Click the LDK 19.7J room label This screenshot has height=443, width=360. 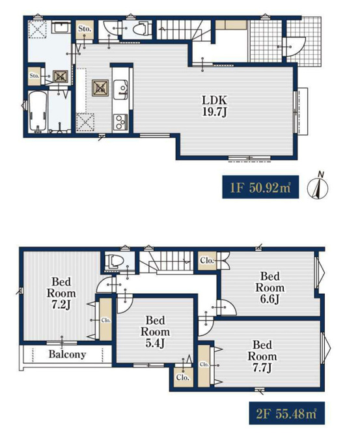point(215,106)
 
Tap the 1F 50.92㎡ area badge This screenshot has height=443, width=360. point(260,187)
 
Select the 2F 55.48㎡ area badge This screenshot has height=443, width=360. point(286,413)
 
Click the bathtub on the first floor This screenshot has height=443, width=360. point(37,111)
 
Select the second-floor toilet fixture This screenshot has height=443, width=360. point(115,261)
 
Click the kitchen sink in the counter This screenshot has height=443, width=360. point(120,90)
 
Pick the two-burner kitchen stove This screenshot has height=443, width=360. point(120,122)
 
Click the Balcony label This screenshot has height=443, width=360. point(67,354)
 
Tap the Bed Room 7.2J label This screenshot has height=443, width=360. point(61,293)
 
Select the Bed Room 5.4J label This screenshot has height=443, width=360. point(156,332)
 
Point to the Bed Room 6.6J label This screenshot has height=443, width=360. point(270,287)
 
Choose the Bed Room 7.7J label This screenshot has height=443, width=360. point(262,356)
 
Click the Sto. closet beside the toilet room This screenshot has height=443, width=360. point(85,29)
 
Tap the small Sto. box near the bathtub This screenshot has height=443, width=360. point(35,76)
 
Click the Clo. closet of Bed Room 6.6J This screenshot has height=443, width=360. point(207,261)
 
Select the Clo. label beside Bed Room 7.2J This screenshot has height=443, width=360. point(106,320)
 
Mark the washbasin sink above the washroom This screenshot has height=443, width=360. point(61,28)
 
